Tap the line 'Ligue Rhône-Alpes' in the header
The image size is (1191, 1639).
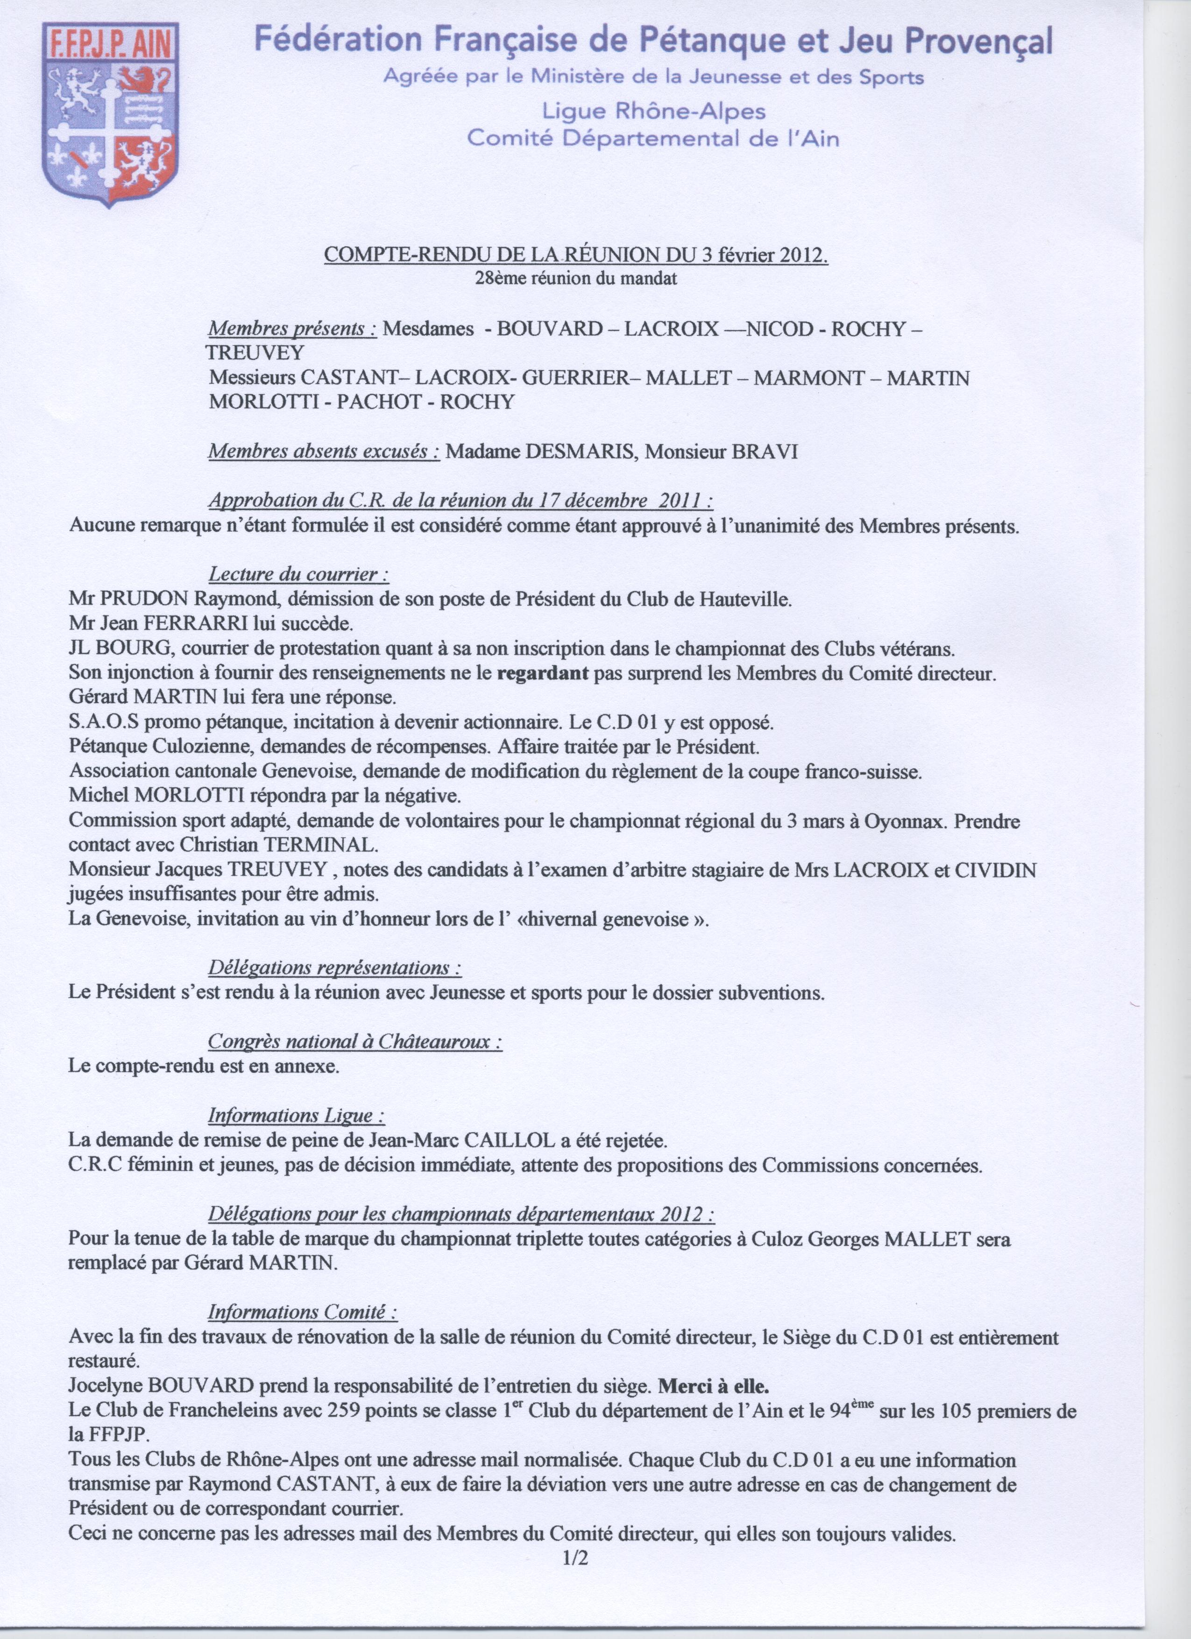pos(653,111)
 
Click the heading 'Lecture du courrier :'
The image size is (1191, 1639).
pos(298,574)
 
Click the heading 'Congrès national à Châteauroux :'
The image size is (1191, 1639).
pos(355,1041)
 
